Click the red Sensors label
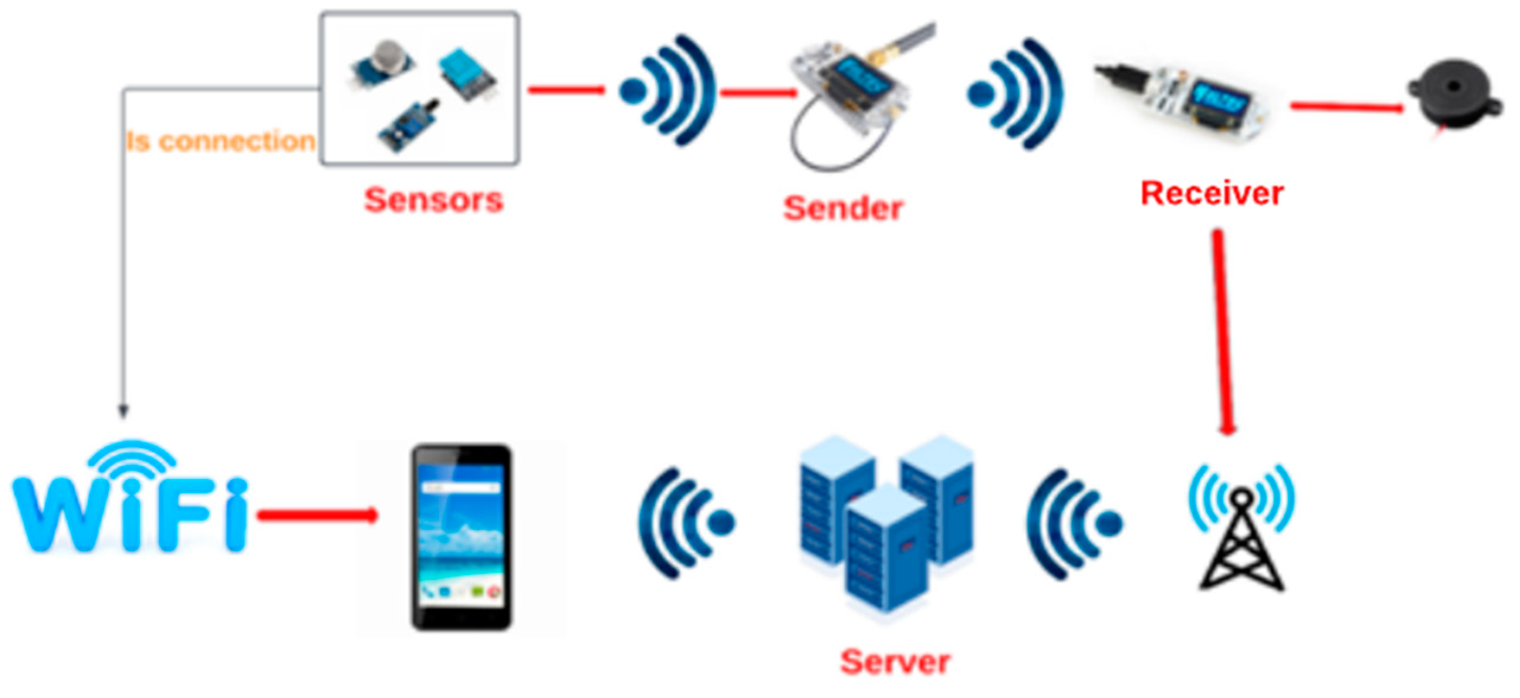click(x=433, y=200)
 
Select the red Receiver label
click(x=1212, y=193)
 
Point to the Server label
click(x=895, y=661)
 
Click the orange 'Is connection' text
click(x=220, y=142)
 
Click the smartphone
click(x=462, y=537)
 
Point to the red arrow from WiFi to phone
click(x=317, y=515)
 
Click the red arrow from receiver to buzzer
click(x=1347, y=107)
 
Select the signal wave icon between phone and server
click(x=685, y=522)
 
